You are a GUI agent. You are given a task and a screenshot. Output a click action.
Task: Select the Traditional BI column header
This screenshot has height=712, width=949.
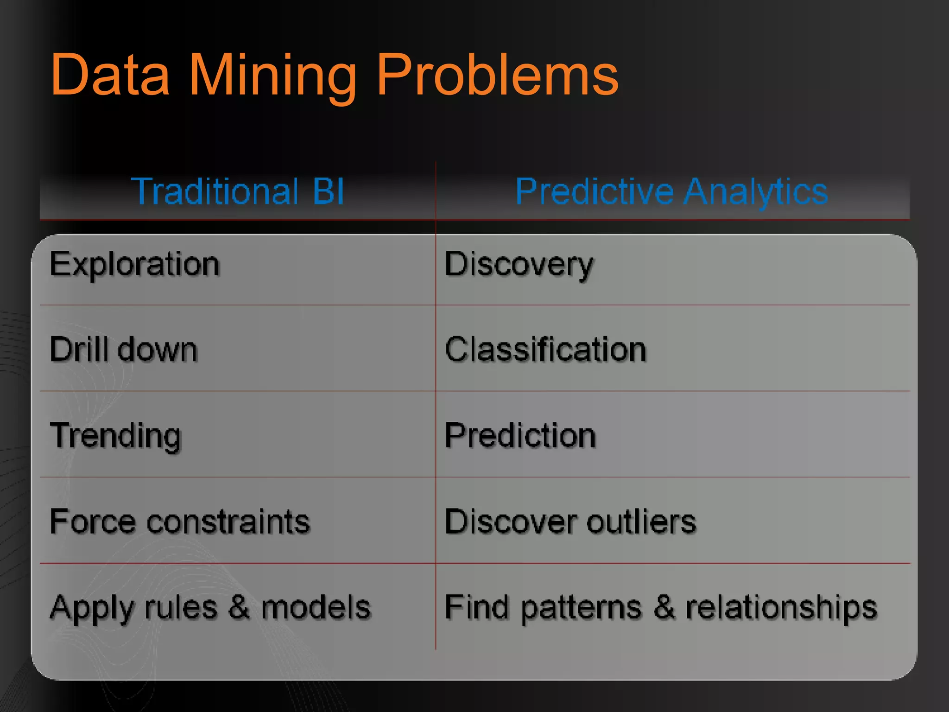(x=238, y=191)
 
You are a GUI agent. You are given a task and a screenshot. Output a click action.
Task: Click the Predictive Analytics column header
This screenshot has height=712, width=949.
(x=671, y=191)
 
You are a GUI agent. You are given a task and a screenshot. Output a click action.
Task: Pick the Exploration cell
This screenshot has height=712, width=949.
(x=134, y=265)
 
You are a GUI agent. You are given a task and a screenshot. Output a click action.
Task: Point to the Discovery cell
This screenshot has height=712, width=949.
(x=519, y=265)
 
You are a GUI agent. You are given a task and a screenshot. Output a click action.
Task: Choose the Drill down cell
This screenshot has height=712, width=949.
(x=123, y=350)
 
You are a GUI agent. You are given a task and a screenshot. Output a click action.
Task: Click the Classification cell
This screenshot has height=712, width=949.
(x=545, y=350)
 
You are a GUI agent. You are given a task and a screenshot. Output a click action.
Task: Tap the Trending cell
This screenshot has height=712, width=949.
(x=115, y=436)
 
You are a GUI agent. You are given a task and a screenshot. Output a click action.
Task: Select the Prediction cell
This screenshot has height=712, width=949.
(x=520, y=436)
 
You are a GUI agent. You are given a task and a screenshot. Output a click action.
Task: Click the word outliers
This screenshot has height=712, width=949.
(x=641, y=521)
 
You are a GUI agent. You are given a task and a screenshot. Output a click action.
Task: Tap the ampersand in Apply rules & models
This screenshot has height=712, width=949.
(x=239, y=607)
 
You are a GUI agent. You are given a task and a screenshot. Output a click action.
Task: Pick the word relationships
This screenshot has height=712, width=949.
(x=781, y=608)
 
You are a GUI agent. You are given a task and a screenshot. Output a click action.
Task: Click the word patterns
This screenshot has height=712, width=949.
(x=581, y=608)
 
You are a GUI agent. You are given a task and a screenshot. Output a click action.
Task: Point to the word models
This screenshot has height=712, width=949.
(x=316, y=607)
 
